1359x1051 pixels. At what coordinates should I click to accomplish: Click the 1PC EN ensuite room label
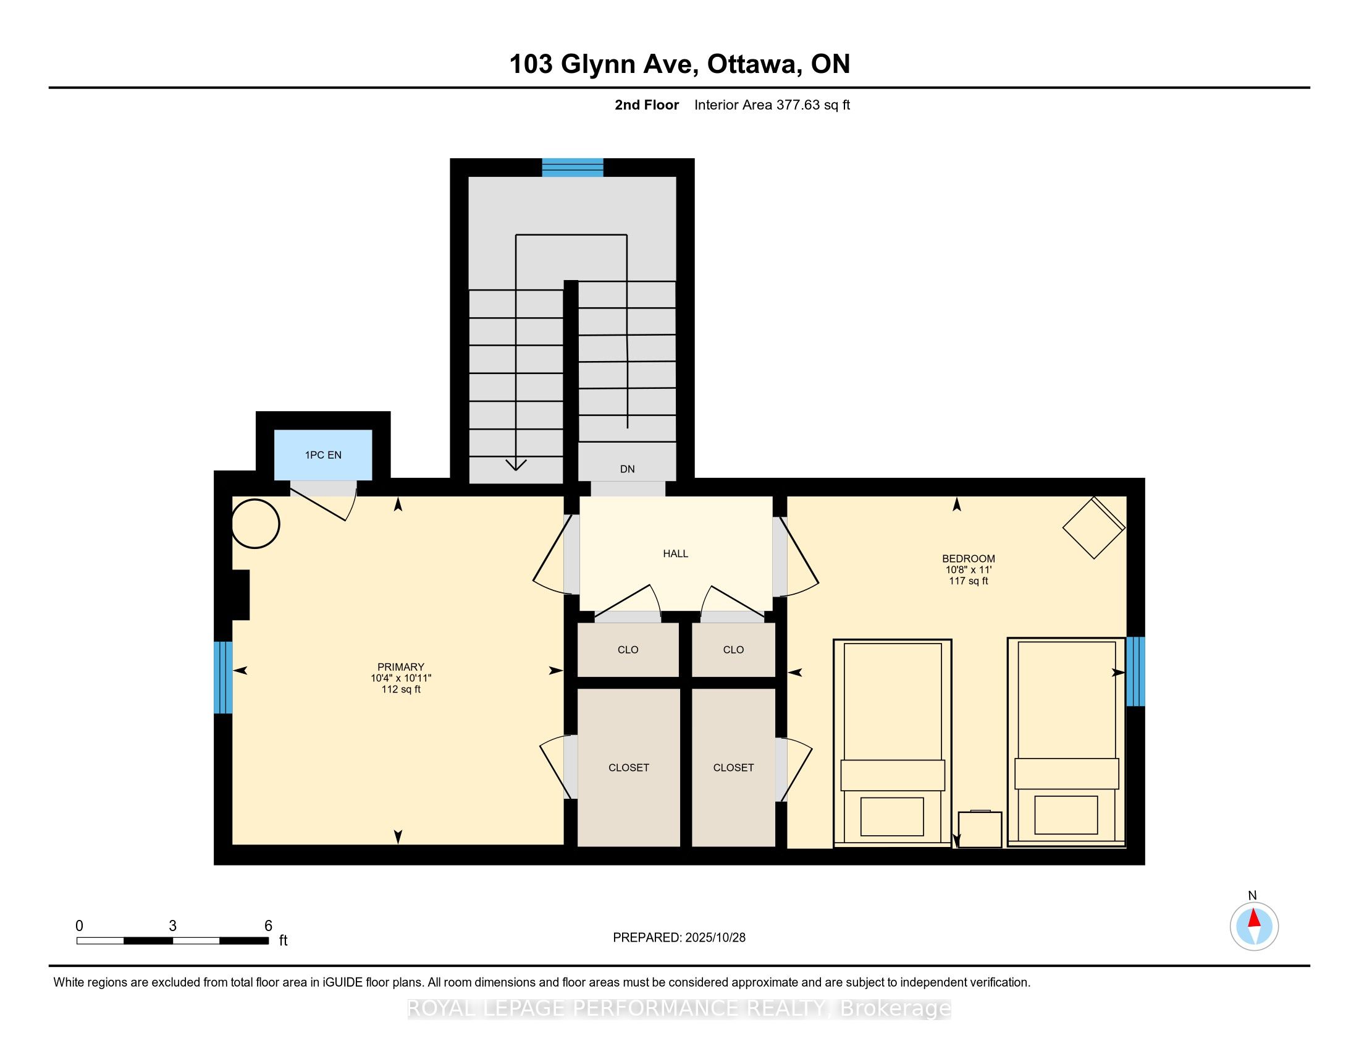(x=323, y=455)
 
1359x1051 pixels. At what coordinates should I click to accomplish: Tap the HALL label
(x=675, y=553)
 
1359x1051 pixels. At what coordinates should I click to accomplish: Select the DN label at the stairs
(x=627, y=469)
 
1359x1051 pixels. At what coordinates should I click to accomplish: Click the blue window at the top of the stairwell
(x=573, y=168)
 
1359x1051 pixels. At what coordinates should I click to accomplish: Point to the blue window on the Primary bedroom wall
(x=224, y=678)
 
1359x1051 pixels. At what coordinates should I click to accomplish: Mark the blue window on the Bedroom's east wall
(x=1135, y=671)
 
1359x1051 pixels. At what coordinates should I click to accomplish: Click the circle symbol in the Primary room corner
(x=256, y=524)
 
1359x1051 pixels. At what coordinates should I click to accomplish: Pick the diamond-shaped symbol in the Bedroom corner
(x=1094, y=527)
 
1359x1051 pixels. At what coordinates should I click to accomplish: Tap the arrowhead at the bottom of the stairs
(x=516, y=464)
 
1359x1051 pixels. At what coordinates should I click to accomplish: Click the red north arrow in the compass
(x=1254, y=918)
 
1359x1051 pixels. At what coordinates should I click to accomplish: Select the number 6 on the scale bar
(x=268, y=926)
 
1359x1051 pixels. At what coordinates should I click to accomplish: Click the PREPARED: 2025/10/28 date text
(x=679, y=938)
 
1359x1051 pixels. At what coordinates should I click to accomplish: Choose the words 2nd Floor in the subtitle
(x=647, y=105)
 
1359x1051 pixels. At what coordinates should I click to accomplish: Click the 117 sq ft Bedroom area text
(x=968, y=581)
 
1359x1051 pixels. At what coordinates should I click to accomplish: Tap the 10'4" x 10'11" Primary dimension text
(x=401, y=678)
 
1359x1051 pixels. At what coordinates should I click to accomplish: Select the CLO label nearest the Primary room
(x=628, y=650)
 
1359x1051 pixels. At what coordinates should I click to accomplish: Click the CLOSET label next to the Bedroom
(x=733, y=768)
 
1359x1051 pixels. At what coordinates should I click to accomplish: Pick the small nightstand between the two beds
(x=980, y=828)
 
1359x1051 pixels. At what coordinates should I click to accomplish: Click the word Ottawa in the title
(x=753, y=64)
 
